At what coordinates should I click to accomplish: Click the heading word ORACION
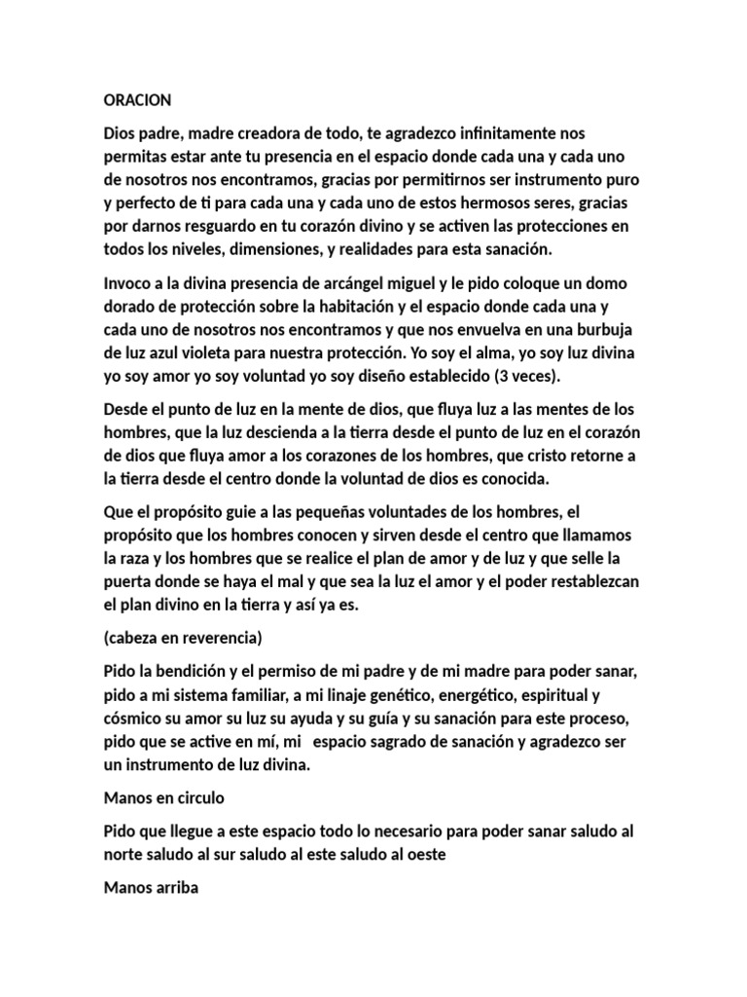click(137, 100)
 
